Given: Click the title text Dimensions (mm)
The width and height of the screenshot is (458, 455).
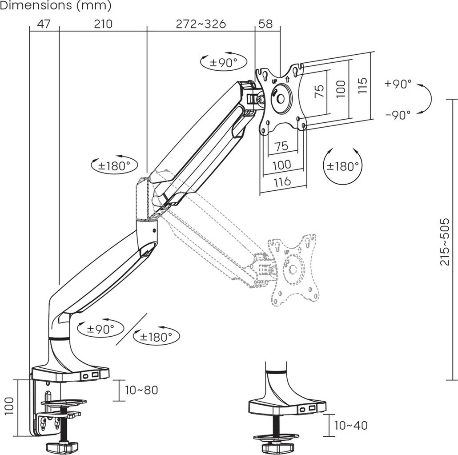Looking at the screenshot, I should (x=56, y=6).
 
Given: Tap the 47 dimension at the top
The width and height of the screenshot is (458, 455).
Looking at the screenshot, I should (x=43, y=24).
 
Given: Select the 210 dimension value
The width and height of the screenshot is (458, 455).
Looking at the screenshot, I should (x=103, y=24).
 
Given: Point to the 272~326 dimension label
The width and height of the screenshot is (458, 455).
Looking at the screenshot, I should (x=201, y=24).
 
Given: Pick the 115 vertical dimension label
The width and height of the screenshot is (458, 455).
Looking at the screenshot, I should (x=362, y=85).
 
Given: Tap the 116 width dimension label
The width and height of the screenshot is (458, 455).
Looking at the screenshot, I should (x=281, y=181).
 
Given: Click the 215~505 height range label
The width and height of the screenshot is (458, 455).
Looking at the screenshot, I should (x=445, y=242).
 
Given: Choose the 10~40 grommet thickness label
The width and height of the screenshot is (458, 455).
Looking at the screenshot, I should (x=351, y=425).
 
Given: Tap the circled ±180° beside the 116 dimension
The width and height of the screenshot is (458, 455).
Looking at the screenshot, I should (x=342, y=166).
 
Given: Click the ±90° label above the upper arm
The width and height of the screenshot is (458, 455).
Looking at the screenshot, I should (x=224, y=63).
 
